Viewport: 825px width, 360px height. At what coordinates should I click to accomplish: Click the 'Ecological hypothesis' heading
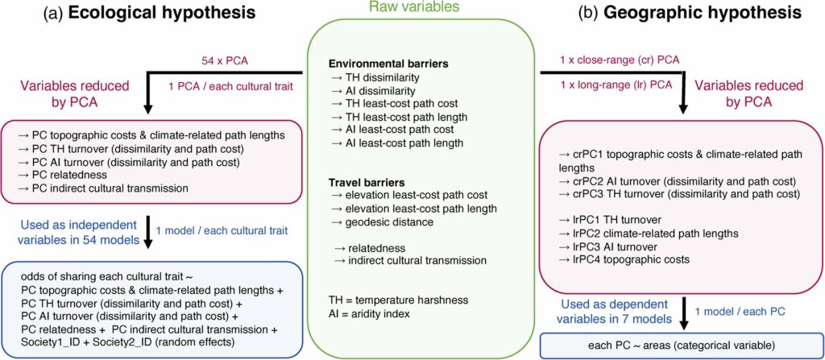click(163, 14)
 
